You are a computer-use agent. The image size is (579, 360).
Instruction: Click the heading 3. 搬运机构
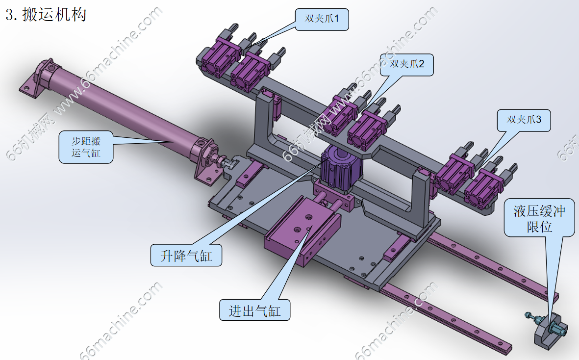pos(46,14)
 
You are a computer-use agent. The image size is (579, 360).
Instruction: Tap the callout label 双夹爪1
pos(322,19)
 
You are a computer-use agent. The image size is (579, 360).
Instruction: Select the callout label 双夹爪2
pos(407,65)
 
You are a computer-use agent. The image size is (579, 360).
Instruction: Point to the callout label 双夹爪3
pos(524,120)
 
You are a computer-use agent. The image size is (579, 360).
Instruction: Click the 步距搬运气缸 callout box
pos(86,147)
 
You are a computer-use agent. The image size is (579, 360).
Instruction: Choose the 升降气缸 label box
pos(186,255)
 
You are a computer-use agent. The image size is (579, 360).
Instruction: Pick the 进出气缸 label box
pos(255,310)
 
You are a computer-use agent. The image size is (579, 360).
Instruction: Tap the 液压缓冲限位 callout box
pos(539,218)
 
